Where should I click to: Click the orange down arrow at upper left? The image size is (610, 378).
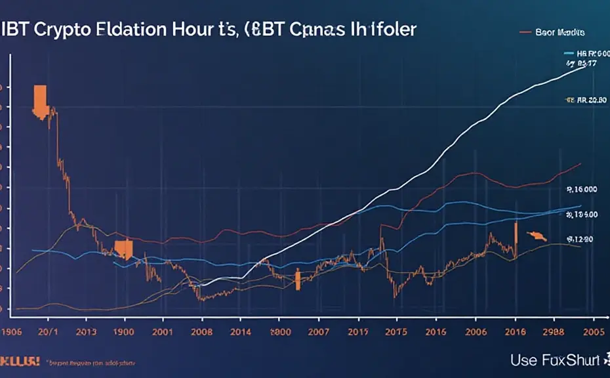point(39,100)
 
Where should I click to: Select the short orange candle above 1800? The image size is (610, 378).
point(297,280)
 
